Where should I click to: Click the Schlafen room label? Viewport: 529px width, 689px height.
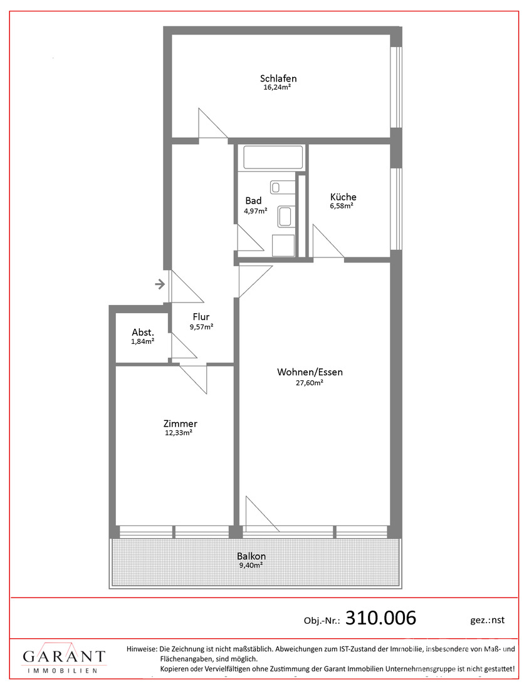click(x=278, y=79)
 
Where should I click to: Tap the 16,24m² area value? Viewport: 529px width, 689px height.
click(x=277, y=87)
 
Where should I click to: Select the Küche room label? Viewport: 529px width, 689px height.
click(x=343, y=197)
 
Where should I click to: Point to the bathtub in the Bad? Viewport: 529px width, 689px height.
click(x=273, y=157)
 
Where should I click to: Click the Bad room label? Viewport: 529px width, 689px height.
click(x=253, y=201)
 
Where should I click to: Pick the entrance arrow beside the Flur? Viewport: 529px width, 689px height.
click(x=160, y=284)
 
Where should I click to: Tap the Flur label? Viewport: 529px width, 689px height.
click(x=201, y=317)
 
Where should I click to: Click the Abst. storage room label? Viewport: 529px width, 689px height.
click(x=143, y=333)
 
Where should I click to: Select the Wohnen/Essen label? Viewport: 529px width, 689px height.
click(x=310, y=372)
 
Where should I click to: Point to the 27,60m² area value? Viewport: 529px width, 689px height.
click(x=310, y=383)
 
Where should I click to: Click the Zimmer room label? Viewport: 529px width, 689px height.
click(x=181, y=423)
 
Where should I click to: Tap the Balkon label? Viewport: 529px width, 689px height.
click(x=251, y=556)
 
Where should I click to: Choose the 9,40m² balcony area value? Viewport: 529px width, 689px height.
click(x=251, y=565)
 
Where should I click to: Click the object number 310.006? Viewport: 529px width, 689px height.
click(x=381, y=618)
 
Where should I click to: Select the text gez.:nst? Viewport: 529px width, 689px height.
click(x=487, y=620)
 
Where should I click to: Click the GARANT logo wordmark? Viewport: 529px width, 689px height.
click(x=64, y=656)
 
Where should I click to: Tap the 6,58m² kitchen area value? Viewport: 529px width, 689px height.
click(x=342, y=205)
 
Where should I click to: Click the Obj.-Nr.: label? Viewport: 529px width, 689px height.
click(x=322, y=621)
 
